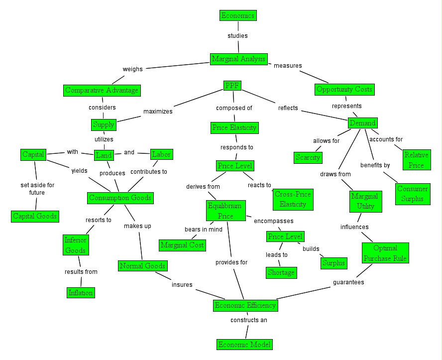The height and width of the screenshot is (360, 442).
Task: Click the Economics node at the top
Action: [238, 15]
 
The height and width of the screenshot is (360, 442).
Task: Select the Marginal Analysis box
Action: [239, 59]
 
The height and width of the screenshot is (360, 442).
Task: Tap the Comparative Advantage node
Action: [102, 91]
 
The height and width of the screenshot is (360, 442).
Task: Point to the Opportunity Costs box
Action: [344, 90]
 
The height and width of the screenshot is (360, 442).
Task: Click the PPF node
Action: [232, 86]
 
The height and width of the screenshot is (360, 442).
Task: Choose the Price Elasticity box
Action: [234, 128]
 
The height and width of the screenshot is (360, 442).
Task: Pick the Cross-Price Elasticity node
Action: [293, 199]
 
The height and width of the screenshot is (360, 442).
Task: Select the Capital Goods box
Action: [34, 216]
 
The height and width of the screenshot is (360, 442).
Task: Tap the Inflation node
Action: [81, 292]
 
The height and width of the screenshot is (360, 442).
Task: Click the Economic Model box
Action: [245, 344]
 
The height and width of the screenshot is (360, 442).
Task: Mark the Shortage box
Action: [281, 272]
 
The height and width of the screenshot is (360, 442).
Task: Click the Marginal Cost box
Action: [182, 245]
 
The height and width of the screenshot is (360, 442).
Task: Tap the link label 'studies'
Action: [237, 36]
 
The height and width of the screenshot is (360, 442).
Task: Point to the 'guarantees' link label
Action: [348, 282]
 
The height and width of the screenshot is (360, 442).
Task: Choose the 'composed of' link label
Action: [234, 108]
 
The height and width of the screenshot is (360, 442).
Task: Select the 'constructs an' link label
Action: [249, 320]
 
